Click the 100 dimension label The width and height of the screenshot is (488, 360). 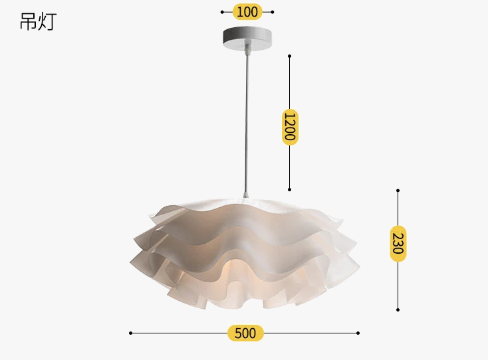(x=247, y=12)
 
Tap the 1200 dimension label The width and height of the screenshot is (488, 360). (x=290, y=126)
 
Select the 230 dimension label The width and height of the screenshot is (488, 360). (x=398, y=244)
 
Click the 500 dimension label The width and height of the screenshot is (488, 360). (x=245, y=333)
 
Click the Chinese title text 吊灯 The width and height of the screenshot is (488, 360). (x=38, y=22)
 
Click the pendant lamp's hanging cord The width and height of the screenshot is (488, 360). (x=245, y=120)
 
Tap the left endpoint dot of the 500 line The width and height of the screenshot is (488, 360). (x=130, y=333)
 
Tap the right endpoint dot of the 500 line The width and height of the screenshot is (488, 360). (x=358, y=333)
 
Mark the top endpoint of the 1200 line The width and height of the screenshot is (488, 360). (x=289, y=56)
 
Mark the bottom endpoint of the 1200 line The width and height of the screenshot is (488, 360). (x=289, y=189)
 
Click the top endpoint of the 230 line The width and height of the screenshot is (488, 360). (x=398, y=190)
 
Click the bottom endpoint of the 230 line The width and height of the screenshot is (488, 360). (x=398, y=310)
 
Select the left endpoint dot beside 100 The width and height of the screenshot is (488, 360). (x=222, y=12)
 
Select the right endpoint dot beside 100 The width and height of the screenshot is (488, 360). (x=273, y=12)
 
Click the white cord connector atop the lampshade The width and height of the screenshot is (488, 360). (x=246, y=195)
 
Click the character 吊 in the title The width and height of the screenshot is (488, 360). (x=29, y=22)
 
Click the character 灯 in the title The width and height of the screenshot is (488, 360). (x=47, y=22)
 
